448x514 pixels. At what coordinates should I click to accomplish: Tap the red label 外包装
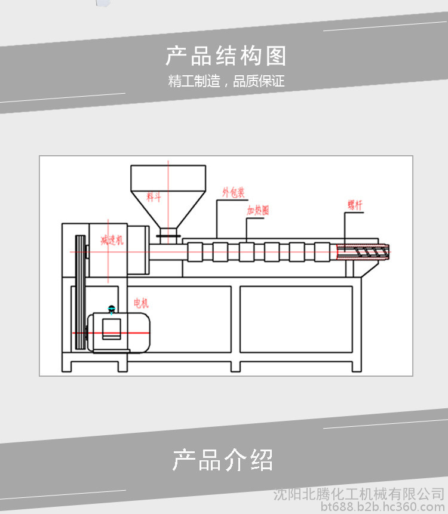pyautogui.click(x=234, y=192)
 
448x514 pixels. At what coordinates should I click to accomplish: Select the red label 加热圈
pyautogui.click(x=258, y=210)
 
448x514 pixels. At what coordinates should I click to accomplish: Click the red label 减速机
pyautogui.click(x=112, y=241)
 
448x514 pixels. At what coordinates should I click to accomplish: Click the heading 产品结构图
pyautogui.click(x=226, y=56)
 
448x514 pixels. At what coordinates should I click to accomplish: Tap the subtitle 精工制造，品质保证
pyautogui.click(x=226, y=82)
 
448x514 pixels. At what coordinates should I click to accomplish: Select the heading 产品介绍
pyautogui.click(x=223, y=460)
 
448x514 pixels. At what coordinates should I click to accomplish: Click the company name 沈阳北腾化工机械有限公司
pyautogui.click(x=358, y=494)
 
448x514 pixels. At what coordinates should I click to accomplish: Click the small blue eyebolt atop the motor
pyautogui.click(x=111, y=309)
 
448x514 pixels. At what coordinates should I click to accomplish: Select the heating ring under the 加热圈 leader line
pyautogui.click(x=247, y=252)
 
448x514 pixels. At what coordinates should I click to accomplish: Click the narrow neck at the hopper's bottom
pyautogui.click(x=168, y=233)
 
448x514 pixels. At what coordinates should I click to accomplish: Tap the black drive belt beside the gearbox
pyautogui.click(x=79, y=293)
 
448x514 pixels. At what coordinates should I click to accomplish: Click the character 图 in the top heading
pyautogui.click(x=276, y=56)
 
